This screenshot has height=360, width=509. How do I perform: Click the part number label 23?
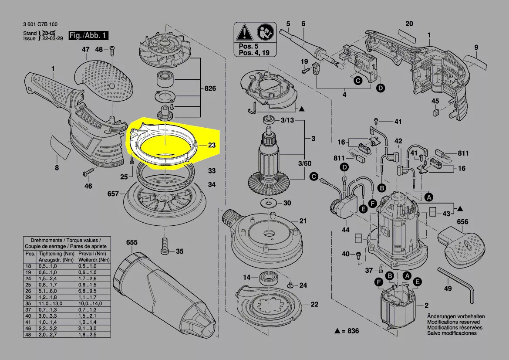pyautogui.click(x=212, y=146)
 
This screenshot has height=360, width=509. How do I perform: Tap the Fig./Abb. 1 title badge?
pyautogui.click(x=89, y=35)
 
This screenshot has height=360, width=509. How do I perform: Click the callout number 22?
pyautogui.click(x=314, y=304)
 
